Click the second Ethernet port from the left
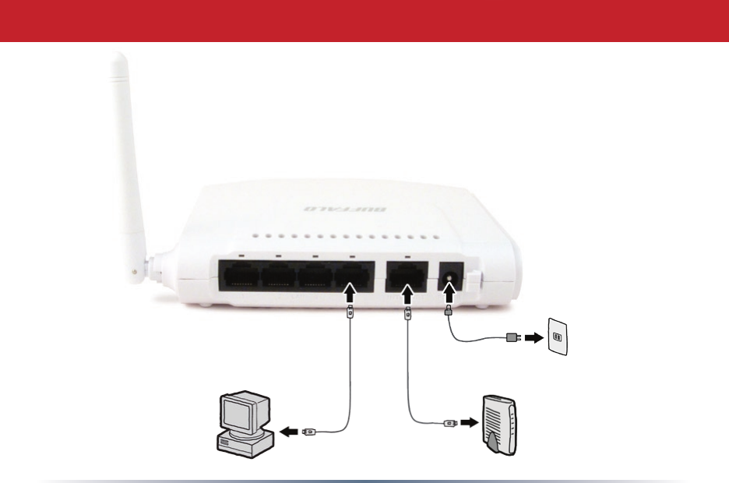[280, 277]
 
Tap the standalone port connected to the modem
[406, 277]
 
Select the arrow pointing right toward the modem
[467, 423]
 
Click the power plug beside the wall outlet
[512, 338]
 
